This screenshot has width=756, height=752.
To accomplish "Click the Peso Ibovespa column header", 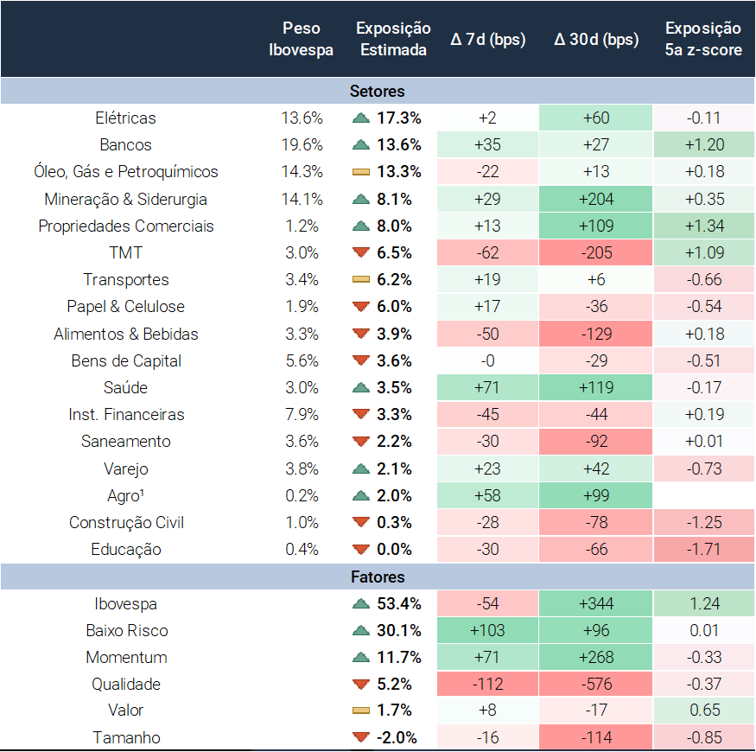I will click(x=301, y=40).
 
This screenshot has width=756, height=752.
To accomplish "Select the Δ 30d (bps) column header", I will click(x=596, y=40).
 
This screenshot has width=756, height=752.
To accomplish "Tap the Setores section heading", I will click(x=378, y=91).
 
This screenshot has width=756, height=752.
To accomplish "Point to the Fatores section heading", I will click(x=378, y=577).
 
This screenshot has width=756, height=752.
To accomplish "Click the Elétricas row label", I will click(x=126, y=118).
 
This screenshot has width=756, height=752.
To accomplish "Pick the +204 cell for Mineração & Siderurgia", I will click(x=596, y=199).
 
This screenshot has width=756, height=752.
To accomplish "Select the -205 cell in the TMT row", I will click(x=596, y=252).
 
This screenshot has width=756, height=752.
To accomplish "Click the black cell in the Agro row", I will click(x=702, y=495).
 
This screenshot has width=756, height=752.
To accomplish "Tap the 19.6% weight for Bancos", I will click(x=302, y=144).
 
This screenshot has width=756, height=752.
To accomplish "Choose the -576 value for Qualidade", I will click(x=596, y=684).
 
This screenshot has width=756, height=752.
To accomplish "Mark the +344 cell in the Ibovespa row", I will click(x=596, y=603).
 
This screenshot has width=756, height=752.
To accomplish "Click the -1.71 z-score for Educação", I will click(x=702, y=549).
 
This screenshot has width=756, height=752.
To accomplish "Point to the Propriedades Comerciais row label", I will click(x=126, y=226).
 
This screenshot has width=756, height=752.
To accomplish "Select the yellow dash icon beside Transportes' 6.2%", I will click(x=361, y=280).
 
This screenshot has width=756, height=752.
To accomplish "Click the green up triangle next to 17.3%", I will click(x=361, y=118).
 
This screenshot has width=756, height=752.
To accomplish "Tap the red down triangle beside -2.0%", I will click(x=361, y=737).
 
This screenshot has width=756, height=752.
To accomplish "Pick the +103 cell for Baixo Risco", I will click(x=488, y=630).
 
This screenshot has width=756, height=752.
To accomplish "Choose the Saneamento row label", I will click(x=126, y=441).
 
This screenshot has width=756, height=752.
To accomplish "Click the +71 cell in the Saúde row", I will click(x=488, y=387).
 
